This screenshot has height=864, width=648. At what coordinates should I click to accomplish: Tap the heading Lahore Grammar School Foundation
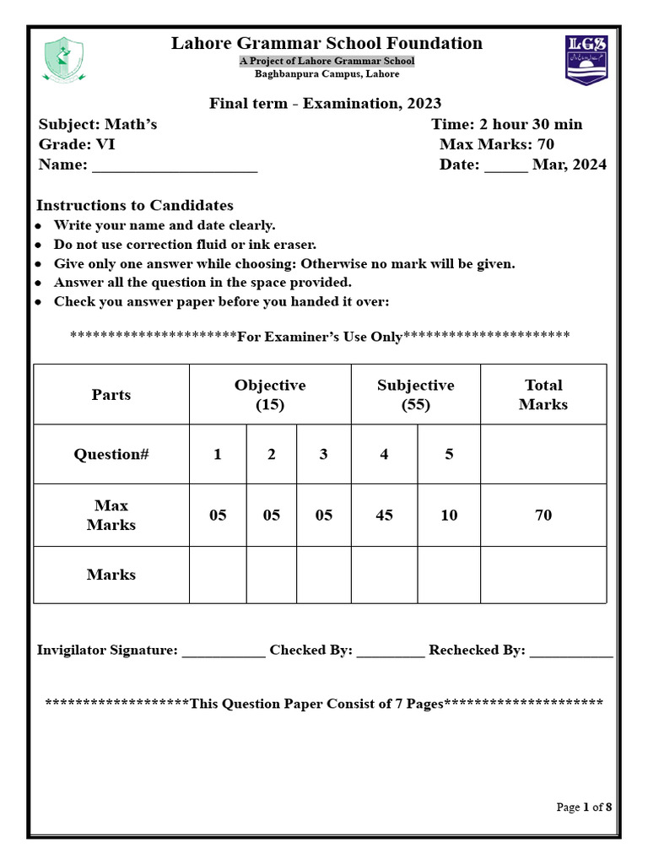click(x=327, y=44)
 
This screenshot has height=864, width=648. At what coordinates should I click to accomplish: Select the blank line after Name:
click(x=174, y=166)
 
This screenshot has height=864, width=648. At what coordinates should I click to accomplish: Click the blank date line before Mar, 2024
click(x=505, y=166)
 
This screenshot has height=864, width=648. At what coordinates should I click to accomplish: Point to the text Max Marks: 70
click(x=496, y=144)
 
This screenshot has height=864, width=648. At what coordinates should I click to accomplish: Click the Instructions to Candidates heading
click(x=135, y=205)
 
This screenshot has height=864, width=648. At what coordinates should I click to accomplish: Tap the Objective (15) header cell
click(x=270, y=394)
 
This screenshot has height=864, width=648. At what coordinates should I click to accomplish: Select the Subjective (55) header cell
click(x=415, y=394)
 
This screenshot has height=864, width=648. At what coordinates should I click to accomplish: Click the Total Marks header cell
click(x=543, y=394)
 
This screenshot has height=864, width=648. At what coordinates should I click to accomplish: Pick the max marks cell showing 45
click(x=384, y=515)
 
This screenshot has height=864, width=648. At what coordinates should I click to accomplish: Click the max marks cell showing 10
click(x=449, y=515)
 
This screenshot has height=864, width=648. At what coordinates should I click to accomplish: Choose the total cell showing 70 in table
click(x=543, y=515)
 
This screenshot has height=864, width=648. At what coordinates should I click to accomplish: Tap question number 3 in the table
click(x=323, y=454)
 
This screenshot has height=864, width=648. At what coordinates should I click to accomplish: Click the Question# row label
click(x=111, y=454)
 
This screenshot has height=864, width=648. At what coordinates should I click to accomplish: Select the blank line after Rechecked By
click(x=571, y=652)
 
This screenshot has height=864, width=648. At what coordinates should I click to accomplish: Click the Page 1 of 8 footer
click(x=584, y=807)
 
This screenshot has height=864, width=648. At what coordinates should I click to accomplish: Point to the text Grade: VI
click(x=77, y=144)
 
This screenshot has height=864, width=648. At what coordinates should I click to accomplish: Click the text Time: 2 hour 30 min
click(x=506, y=124)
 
